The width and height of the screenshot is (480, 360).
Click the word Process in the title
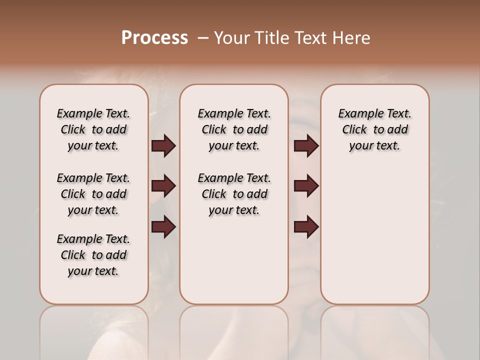tap(154, 37)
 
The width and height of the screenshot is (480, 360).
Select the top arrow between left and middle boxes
tap(163, 146)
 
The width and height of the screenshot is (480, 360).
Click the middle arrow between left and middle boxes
tap(163, 186)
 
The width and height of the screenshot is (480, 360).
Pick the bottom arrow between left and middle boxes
tap(163, 227)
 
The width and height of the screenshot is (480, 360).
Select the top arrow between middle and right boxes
tap(306, 146)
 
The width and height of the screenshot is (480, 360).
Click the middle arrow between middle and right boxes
tap(306, 186)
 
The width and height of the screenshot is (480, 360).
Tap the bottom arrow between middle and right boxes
tap(306, 227)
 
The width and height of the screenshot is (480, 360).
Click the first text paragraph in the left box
tap(93, 129)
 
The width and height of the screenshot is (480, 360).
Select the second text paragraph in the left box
tap(93, 194)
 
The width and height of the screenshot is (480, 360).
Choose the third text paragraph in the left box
tap(93, 255)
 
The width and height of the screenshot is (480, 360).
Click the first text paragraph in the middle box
tap(234, 129)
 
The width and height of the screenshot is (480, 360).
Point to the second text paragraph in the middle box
tap(234, 194)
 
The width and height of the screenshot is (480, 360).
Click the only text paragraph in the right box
tap(374, 129)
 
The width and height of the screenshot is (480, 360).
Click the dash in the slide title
tap(203, 38)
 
